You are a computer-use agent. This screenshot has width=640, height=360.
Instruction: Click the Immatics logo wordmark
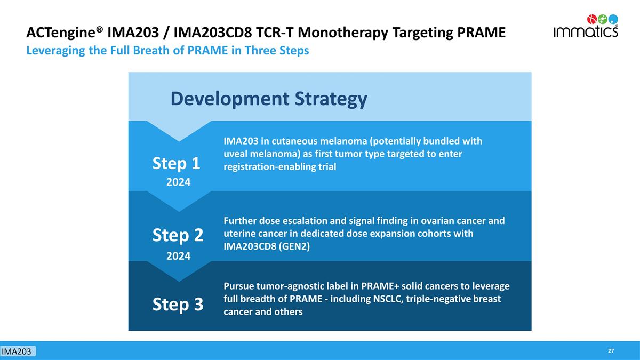click(x=586, y=31)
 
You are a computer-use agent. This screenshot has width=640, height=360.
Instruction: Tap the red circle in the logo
click(x=591, y=19)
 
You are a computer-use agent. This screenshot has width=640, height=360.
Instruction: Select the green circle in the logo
click(x=603, y=19)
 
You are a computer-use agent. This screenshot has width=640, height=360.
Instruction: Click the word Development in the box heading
click(x=230, y=99)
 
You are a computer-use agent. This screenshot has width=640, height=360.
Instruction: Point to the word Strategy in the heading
click(x=331, y=99)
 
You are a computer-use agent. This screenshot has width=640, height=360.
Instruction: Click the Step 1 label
click(x=176, y=164)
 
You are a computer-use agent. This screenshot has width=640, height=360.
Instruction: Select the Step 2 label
click(x=178, y=235)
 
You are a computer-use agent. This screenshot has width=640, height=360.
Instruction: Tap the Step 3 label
click(x=178, y=305)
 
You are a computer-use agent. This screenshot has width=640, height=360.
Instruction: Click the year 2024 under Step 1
click(x=178, y=182)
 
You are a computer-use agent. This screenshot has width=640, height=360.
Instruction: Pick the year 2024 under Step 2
click(x=178, y=256)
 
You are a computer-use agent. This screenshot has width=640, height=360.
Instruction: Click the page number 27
click(x=611, y=351)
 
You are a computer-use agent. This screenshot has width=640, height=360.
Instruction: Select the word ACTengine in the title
click(x=62, y=33)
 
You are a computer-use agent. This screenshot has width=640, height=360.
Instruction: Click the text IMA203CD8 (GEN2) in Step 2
click(x=267, y=246)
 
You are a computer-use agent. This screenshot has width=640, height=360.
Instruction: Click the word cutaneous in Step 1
click(x=294, y=141)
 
